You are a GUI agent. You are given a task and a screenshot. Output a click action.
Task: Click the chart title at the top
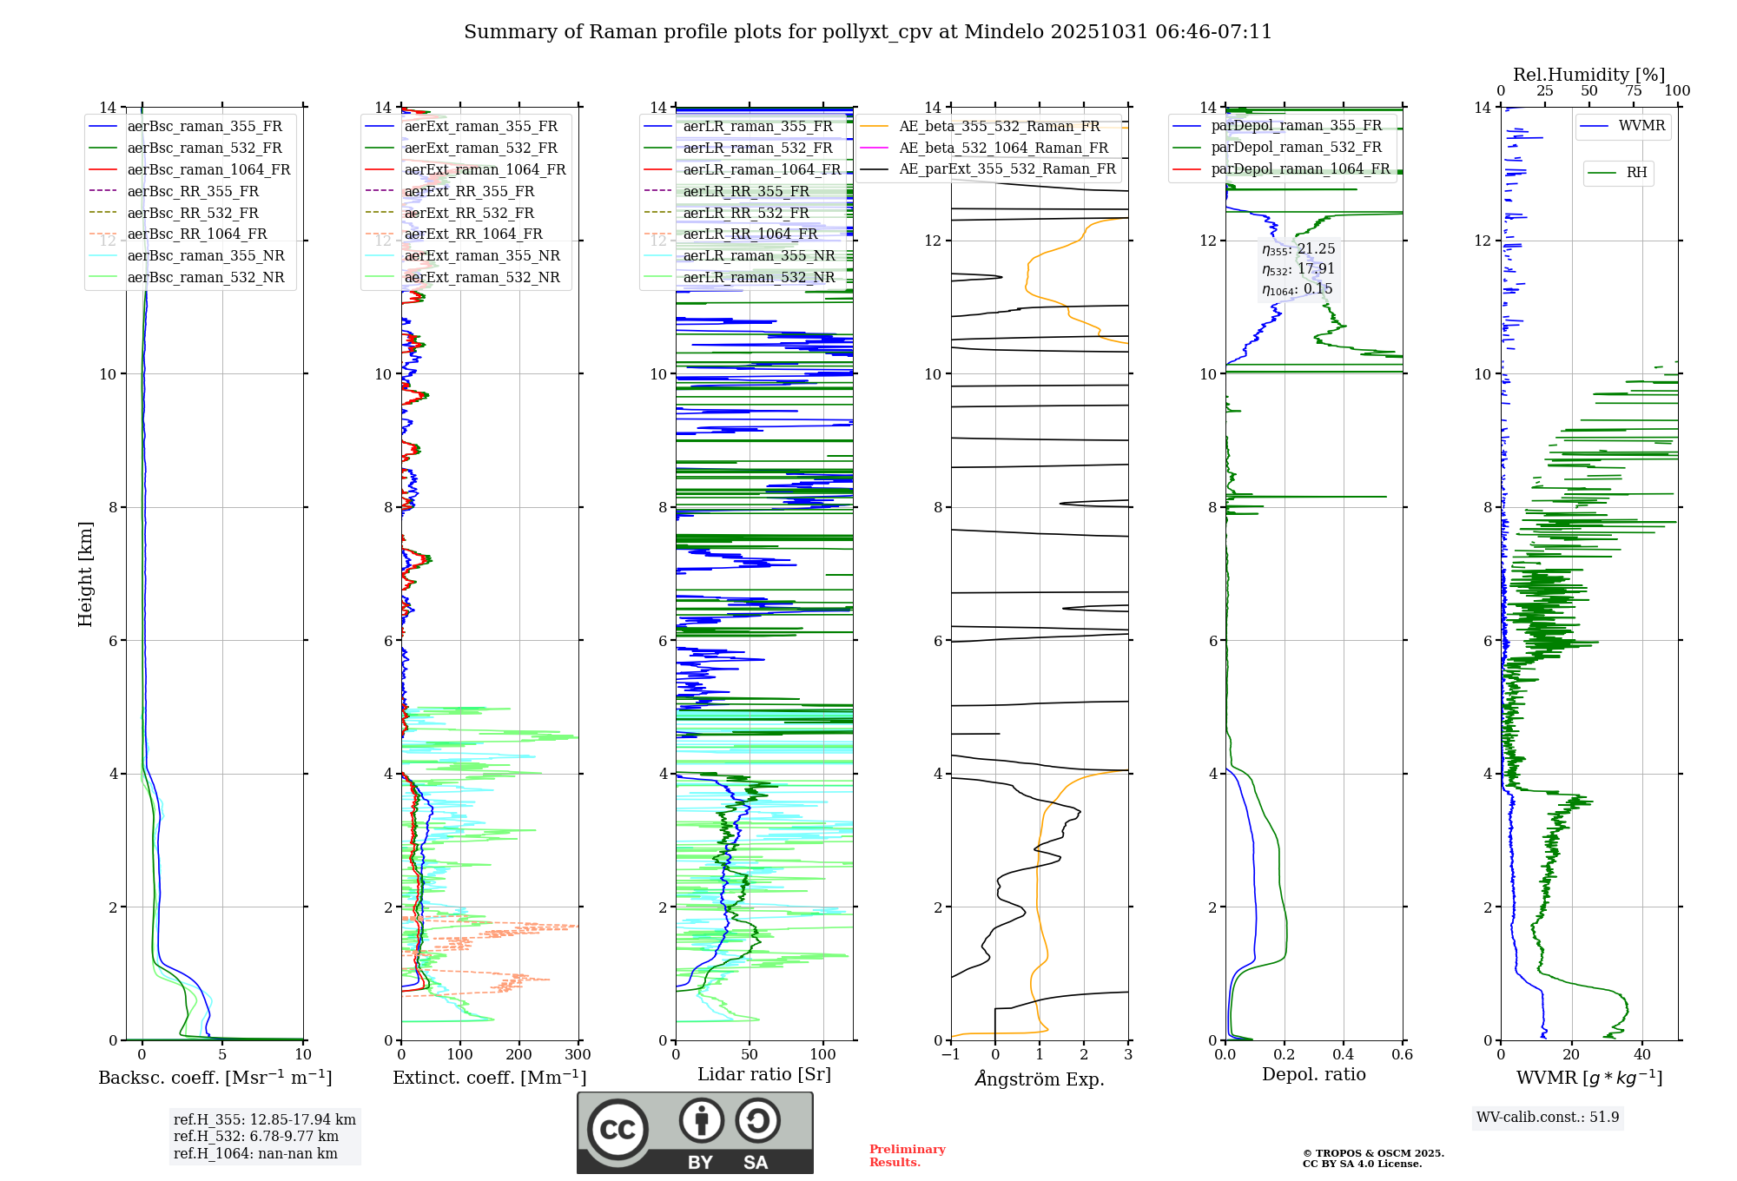click(868, 32)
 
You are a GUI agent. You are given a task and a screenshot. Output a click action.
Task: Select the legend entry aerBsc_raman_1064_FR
click(208, 169)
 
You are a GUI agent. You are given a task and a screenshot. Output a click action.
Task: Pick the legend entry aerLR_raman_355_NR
click(758, 255)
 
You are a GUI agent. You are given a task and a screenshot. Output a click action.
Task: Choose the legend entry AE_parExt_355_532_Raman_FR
click(1007, 168)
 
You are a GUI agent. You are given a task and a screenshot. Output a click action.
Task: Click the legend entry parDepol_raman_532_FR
click(1296, 147)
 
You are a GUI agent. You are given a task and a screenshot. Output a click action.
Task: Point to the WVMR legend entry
click(1641, 126)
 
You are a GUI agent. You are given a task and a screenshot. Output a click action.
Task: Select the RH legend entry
click(1636, 173)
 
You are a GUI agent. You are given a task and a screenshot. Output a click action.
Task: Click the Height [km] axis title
click(85, 574)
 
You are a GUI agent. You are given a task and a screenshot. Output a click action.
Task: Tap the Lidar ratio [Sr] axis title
click(764, 1074)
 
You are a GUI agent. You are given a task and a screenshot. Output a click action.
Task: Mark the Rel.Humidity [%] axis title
click(1588, 75)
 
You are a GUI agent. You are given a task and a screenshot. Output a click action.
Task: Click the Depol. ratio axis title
click(1313, 1074)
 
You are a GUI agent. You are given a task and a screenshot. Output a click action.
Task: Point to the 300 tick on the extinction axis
click(578, 1055)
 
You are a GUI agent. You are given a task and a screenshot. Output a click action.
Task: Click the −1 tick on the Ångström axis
click(951, 1055)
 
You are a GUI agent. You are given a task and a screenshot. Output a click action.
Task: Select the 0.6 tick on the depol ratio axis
click(1402, 1055)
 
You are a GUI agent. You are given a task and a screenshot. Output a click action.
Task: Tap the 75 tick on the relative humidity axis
click(1634, 91)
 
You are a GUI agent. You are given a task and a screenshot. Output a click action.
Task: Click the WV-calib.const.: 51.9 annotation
click(1548, 1117)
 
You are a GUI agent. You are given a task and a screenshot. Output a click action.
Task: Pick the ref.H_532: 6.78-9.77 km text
click(255, 1136)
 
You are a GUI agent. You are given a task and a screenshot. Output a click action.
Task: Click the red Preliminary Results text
click(907, 1156)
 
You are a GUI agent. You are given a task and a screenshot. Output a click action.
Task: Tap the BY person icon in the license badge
click(702, 1121)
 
